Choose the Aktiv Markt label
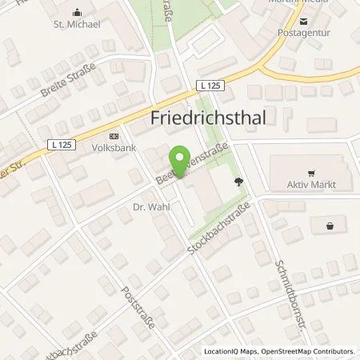point(311,185)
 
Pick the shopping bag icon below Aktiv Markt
point(330,226)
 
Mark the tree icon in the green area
point(238,182)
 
